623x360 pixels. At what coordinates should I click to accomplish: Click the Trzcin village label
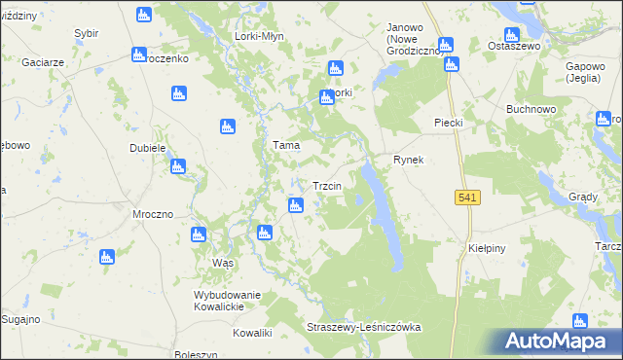click(x=325, y=186)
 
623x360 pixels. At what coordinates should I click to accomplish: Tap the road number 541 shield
click(x=467, y=198)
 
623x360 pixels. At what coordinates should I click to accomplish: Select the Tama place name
click(x=285, y=145)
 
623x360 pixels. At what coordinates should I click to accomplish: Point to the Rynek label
click(x=409, y=160)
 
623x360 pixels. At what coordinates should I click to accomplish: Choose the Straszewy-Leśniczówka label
click(x=363, y=327)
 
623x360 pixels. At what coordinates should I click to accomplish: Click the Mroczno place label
click(x=152, y=213)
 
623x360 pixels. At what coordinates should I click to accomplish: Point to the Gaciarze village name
click(x=45, y=61)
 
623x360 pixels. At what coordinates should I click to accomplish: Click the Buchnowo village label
click(x=531, y=109)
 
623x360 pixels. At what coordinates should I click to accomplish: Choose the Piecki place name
click(x=448, y=122)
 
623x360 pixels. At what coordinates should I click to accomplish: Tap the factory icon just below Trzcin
click(x=295, y=205)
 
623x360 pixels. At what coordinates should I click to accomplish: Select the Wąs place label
click(x=224, y=264)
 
